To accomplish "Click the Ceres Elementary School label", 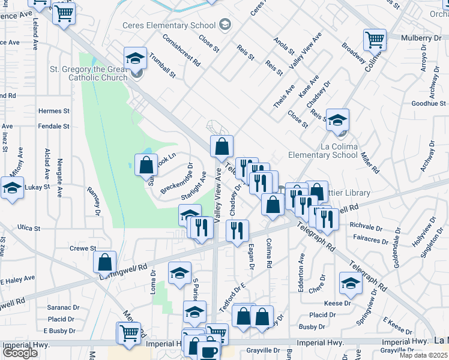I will tap(169, 25).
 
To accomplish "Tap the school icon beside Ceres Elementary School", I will tap(225, 25).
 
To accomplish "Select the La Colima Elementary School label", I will tap(315, 150).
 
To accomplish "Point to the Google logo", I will tap(20, 353).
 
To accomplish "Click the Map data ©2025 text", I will tap(423, 355).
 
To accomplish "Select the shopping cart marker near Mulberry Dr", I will tap(375, 40).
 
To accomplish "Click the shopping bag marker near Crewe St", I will tap(105, 262).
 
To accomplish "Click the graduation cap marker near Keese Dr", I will tap(351, 284).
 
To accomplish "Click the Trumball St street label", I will tap(163, 68).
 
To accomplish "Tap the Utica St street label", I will tap(29, 229).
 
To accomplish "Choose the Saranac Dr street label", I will tap(62, 307).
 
